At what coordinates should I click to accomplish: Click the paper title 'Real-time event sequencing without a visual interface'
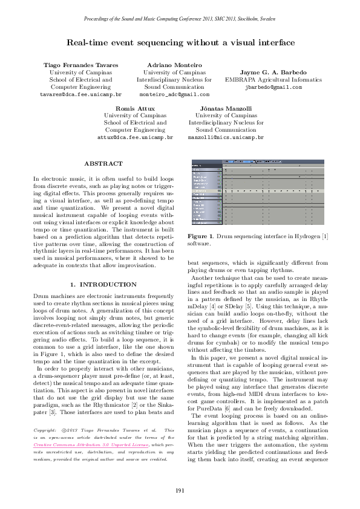point(180,43)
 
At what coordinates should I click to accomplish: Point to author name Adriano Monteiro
point(174,64)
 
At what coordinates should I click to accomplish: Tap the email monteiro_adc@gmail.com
point(174,95)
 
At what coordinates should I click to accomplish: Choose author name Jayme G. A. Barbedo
point(273,72)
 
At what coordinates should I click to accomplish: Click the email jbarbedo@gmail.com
point(273,87)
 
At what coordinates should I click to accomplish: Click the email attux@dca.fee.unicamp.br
point(135,138)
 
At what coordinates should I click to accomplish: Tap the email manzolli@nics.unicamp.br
point(224,138)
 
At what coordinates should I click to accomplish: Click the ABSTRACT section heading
point(103,164)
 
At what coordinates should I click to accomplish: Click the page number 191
point(180,490)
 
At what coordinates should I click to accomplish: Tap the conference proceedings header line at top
point(180,20)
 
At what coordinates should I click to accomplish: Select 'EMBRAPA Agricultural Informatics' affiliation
point(273,79)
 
